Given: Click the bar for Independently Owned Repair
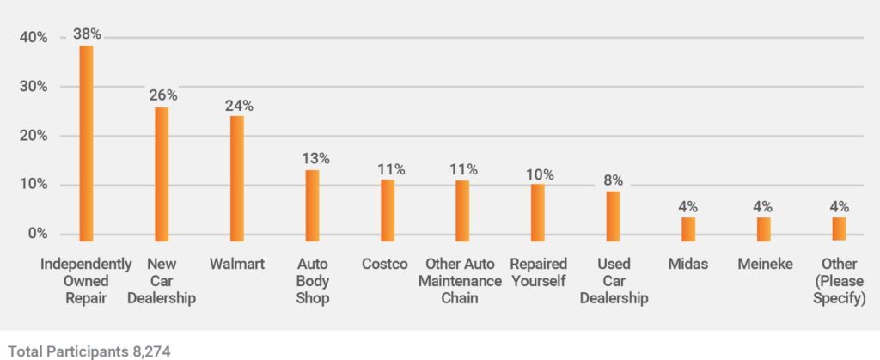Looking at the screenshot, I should click(86, 143).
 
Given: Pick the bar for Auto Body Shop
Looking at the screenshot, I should click(312, 204).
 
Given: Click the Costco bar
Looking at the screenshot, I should click(388, 210).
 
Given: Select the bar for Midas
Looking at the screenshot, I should click(688, 229).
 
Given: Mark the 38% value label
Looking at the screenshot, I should click(87, 34).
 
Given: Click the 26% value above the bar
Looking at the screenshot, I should click(163, 95).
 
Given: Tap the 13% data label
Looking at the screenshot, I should click(314, 158).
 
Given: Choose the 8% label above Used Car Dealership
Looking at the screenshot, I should click(614, 180).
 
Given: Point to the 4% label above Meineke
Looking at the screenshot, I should click(763, 206).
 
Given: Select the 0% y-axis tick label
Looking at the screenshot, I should click(37, 234).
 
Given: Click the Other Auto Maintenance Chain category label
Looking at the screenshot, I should click(463, 281).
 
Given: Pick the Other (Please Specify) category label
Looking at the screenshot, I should click(838, 281).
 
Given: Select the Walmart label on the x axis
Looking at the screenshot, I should click(237, 264).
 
